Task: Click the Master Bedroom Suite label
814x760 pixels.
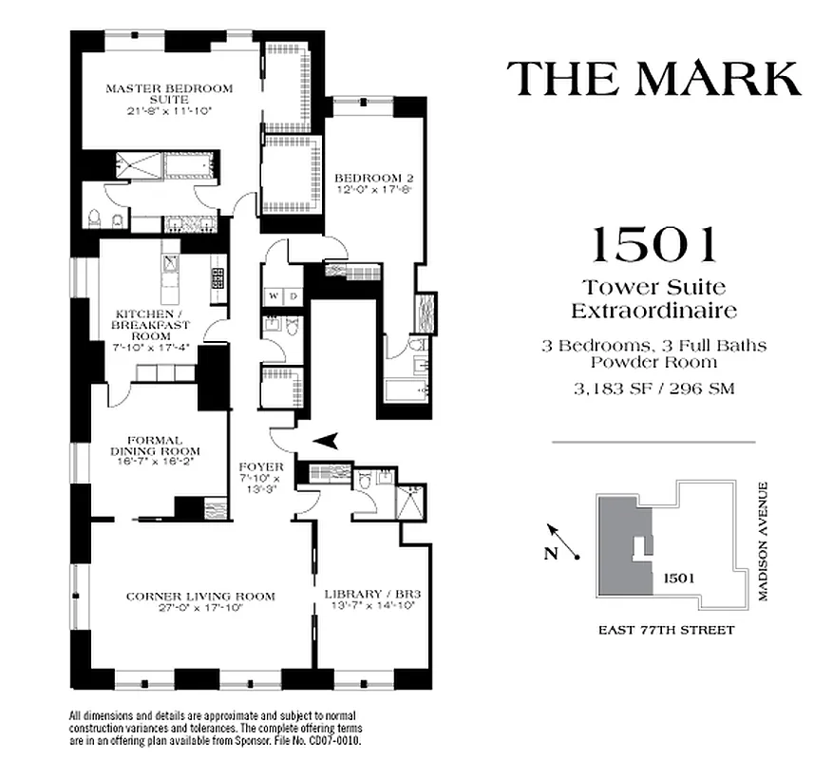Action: [169, 88]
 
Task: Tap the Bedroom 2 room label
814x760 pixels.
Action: [373, 178]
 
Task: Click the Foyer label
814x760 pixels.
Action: [260, 467]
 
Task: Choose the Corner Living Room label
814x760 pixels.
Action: [200, 597]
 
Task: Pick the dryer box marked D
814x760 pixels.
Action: [293, 295]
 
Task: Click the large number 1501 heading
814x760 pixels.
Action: [653, 245]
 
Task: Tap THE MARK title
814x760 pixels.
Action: [653, 78]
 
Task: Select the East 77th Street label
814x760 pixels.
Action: [666, 630]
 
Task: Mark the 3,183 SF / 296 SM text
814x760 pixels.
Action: [653, 389]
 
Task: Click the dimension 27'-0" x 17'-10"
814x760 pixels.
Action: [200, 609]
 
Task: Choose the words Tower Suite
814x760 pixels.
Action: [653, 286]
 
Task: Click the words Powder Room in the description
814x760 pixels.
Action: [653, 361]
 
